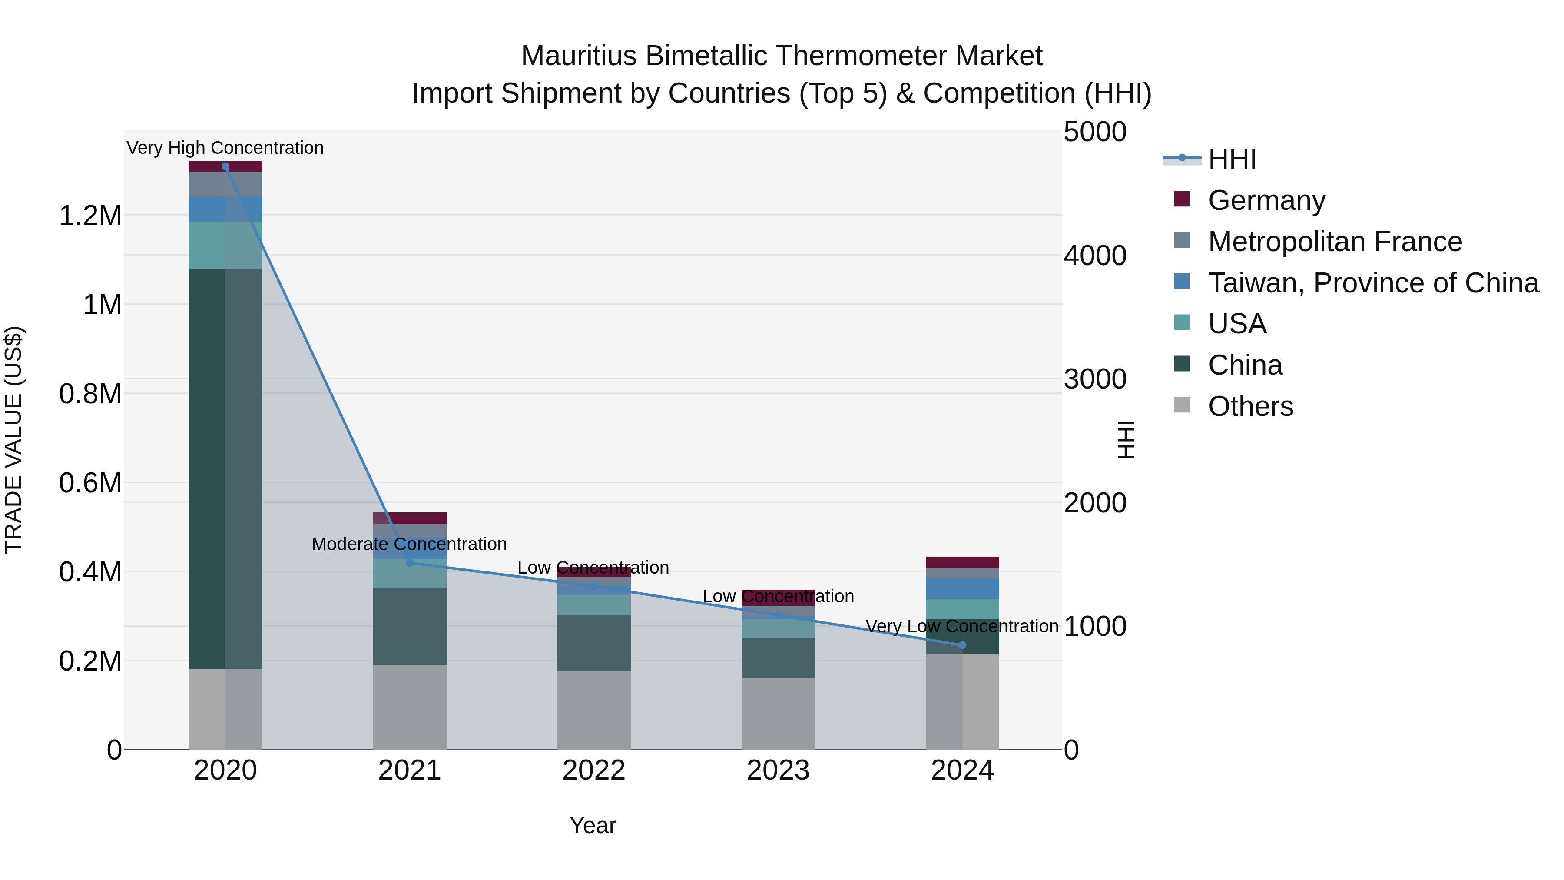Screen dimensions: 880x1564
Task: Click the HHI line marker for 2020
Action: coord(225,166)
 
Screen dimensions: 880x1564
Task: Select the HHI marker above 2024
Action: coord(962,645)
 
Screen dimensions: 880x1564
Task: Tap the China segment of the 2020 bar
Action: coord(225,468)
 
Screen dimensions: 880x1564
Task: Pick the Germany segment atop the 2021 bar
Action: coord(409,518)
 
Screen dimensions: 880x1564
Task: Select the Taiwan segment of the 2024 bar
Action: coord(962,588)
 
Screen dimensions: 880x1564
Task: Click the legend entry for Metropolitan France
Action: coord(1335,242)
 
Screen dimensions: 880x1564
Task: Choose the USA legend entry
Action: coord(1237,324)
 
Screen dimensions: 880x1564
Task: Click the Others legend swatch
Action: coord(1182,405)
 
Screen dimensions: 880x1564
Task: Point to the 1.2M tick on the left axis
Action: coord(90,216)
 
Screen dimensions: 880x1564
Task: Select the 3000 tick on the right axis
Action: coord(1095,379)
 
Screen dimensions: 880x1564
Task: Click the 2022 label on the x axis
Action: coord(594,770)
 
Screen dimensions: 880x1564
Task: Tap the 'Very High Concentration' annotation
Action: coord(225,148)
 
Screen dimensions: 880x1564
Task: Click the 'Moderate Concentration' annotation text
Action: coord(409,544)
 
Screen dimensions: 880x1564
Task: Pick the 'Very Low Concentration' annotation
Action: coord(962,626)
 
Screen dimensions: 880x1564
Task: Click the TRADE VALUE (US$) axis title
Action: coord(13,440)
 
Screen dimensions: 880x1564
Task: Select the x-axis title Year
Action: coord(593,825)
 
